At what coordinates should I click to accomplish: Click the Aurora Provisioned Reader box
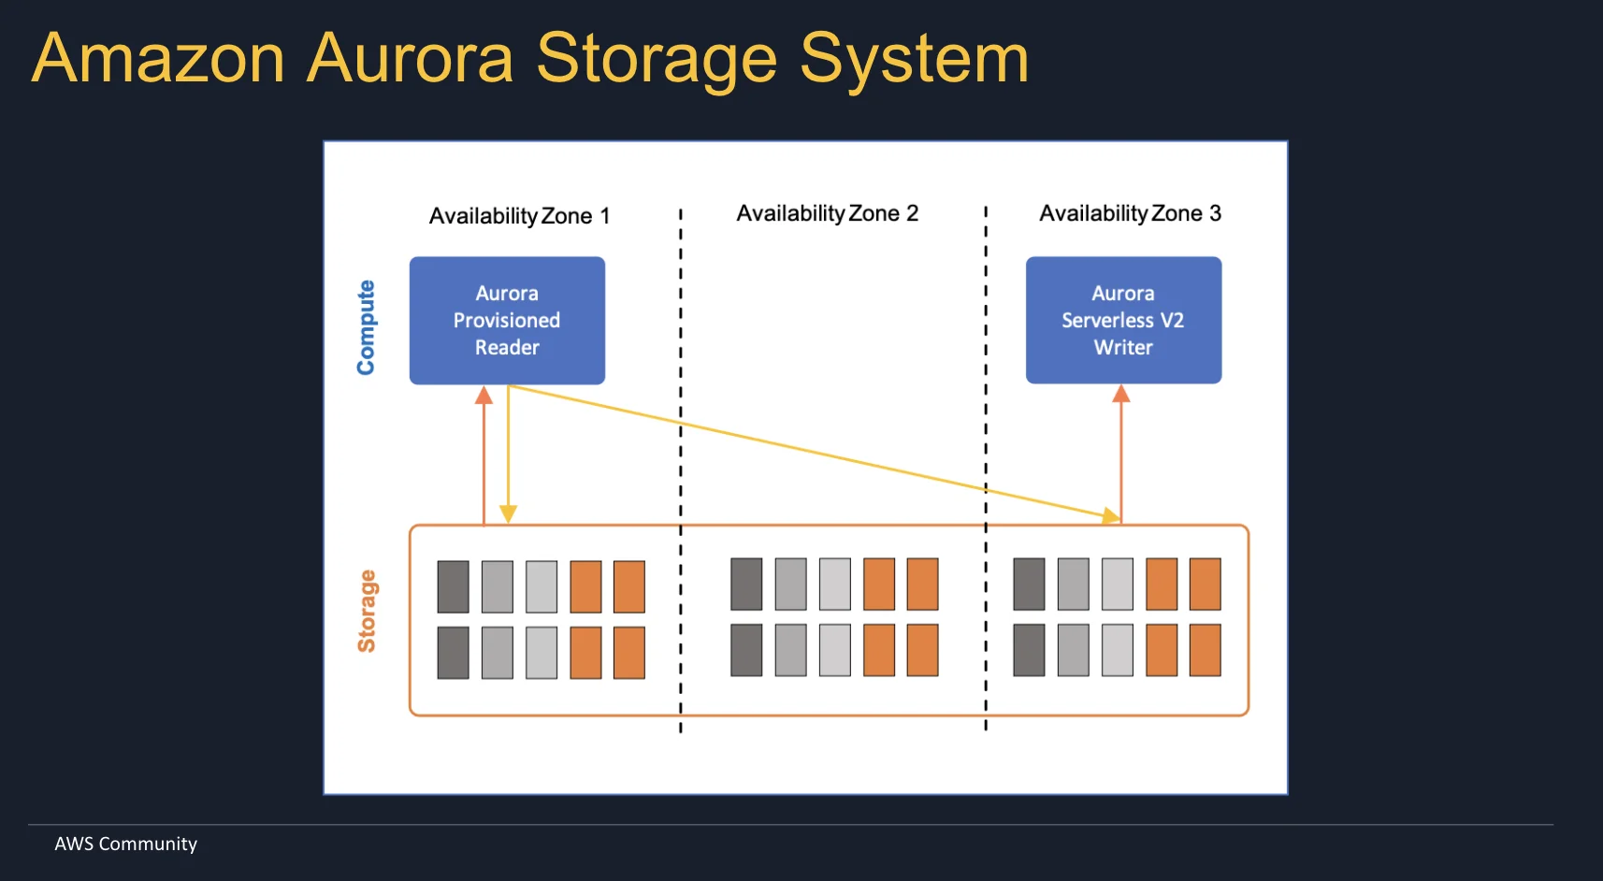coord(507,320)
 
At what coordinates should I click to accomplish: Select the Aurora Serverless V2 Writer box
coord(1123,320)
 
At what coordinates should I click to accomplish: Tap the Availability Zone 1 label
coord(519,216)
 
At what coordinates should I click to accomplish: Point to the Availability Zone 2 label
coord(827,213)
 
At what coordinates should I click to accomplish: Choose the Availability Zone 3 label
coord(1130,213)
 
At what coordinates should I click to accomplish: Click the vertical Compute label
coord(366,327)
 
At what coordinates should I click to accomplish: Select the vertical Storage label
coord(367,611)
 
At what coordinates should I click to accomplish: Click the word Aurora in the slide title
coord(411,58)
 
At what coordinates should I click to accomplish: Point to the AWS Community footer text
coord(125,844)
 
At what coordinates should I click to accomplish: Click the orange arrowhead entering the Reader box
coord(484,396)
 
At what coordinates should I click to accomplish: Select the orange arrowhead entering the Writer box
coord(1121,395)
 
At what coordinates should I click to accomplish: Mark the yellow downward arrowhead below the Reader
coord(508,513)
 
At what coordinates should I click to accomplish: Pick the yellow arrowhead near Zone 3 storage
coord(1110,515)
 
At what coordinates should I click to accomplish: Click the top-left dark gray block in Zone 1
coord(454,586)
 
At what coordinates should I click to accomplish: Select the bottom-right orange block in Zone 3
coord(1205,650)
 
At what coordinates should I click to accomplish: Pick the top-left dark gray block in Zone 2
coord(746,584)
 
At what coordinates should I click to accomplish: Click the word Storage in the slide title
coord(656,58)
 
